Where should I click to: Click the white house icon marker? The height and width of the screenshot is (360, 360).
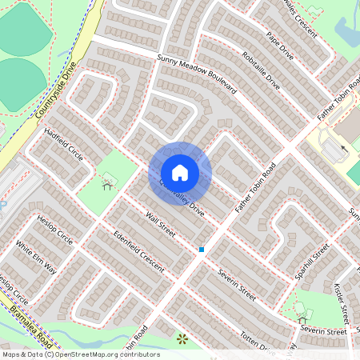(x=180, y=173)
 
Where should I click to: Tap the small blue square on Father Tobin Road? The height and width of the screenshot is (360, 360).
(x=202, y=250)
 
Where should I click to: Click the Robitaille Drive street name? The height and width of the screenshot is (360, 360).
(x=260, y=72)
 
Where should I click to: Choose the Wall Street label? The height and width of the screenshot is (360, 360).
(x=160, y=223)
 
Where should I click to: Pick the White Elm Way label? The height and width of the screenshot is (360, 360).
(x=36, y=257)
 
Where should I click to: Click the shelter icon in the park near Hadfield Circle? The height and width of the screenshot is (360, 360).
(x=107, y=185)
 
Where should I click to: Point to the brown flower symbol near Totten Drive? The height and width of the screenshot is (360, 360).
(x=182, y=339)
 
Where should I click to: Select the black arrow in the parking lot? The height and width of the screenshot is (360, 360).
(x=344, y=148)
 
